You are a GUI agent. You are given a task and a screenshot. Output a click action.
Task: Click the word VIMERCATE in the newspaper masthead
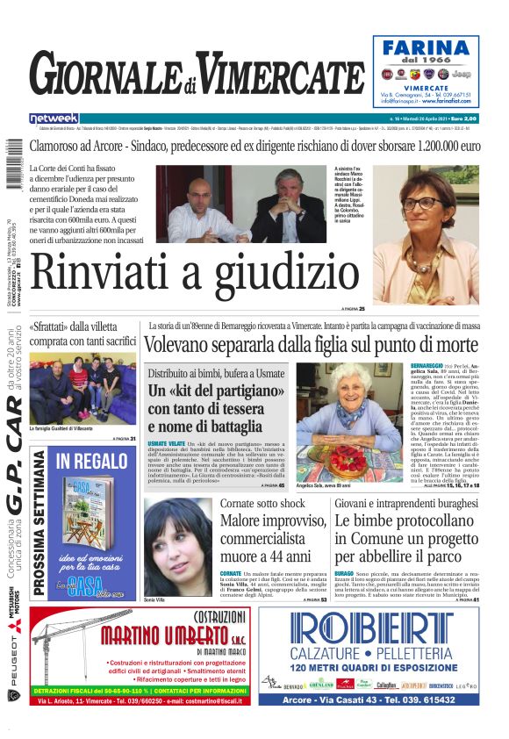(x=271, y=72)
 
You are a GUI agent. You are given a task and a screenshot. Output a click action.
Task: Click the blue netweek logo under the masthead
(x=54, y=118)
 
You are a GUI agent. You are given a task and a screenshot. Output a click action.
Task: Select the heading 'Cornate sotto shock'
(x=262, y=504)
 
